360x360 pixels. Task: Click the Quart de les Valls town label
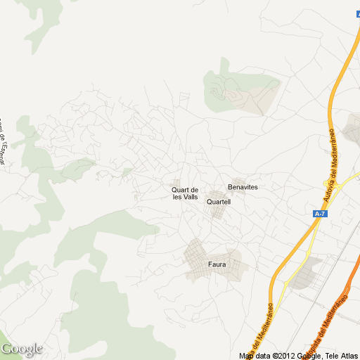click(x=185, y=193)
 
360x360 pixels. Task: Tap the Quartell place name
click(x=218, y=202)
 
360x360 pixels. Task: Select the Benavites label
click(x=243, y=187)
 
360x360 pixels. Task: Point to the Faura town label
click(x=217, y=265)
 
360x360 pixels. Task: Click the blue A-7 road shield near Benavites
click(x=320, y=213)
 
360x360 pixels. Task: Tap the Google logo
click(x=22, y=349)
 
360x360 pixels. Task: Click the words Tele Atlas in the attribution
click(x=340, y=356)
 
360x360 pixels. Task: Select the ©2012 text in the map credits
click(x=284, y=356)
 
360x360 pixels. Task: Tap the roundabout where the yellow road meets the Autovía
click(x=336, y=187)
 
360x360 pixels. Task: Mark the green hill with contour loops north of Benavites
click(x=239, y=91)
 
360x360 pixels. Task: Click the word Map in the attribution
click(x=246, y=356)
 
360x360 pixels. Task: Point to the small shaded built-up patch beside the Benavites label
click(x=243, y=181)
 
